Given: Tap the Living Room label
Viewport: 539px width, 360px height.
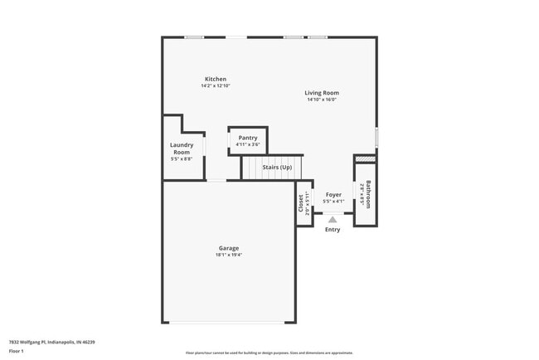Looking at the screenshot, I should tap(322, 93).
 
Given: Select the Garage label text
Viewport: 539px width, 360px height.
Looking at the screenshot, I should tap(229, 248).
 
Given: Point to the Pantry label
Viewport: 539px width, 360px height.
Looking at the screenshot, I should tap(248, 138).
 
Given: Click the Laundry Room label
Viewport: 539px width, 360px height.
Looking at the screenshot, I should tap(182, 148).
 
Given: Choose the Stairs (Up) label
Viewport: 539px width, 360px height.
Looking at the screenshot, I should tap(277, 168).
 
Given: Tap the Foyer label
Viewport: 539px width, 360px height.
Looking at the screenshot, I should tap(333, 194).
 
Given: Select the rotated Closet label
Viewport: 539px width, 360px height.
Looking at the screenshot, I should tap(300, 202).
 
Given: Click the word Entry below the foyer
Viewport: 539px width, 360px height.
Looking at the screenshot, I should tap(333, 230).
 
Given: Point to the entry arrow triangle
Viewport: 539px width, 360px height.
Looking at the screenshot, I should tap(333, 220).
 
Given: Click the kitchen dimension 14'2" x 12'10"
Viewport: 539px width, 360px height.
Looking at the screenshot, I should tap(215, 86).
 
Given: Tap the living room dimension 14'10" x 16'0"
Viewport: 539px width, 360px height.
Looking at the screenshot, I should tap(322, 100).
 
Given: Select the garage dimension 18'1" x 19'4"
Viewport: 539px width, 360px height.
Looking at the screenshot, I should tap(229, 255).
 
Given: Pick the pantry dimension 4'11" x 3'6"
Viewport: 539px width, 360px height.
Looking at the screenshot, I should tap(248, 145).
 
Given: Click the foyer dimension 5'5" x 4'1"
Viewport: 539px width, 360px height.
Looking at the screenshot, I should tap(333, 201).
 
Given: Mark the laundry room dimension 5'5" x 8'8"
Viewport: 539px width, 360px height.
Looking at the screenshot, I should tap(182, 159).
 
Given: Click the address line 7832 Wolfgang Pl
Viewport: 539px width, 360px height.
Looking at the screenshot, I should tap(52, 342).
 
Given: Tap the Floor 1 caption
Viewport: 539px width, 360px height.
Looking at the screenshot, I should tap(17, 351).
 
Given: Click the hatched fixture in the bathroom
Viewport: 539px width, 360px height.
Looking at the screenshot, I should tap(365, 158).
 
